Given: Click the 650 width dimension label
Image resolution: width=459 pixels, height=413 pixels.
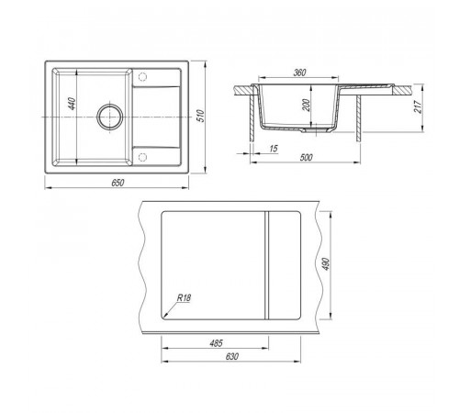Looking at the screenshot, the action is [118, 183].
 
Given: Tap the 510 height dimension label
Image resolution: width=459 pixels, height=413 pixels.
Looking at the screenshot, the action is [201, 116].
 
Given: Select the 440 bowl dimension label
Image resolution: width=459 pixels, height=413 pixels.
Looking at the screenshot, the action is [72, 104].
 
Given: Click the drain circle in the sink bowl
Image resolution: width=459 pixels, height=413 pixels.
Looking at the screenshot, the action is [110, 117].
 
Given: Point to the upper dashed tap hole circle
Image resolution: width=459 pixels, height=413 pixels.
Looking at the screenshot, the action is [142, 76].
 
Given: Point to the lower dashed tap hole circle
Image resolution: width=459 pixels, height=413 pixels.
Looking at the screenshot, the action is [142, 157].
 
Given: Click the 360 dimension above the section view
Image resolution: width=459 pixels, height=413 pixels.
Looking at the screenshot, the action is [299, 73].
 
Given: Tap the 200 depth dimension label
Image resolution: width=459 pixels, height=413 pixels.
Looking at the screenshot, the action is [308, 106].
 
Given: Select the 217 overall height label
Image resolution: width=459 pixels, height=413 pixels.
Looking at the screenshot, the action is [418, 106].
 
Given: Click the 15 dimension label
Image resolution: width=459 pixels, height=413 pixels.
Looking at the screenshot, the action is [274, 149].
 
